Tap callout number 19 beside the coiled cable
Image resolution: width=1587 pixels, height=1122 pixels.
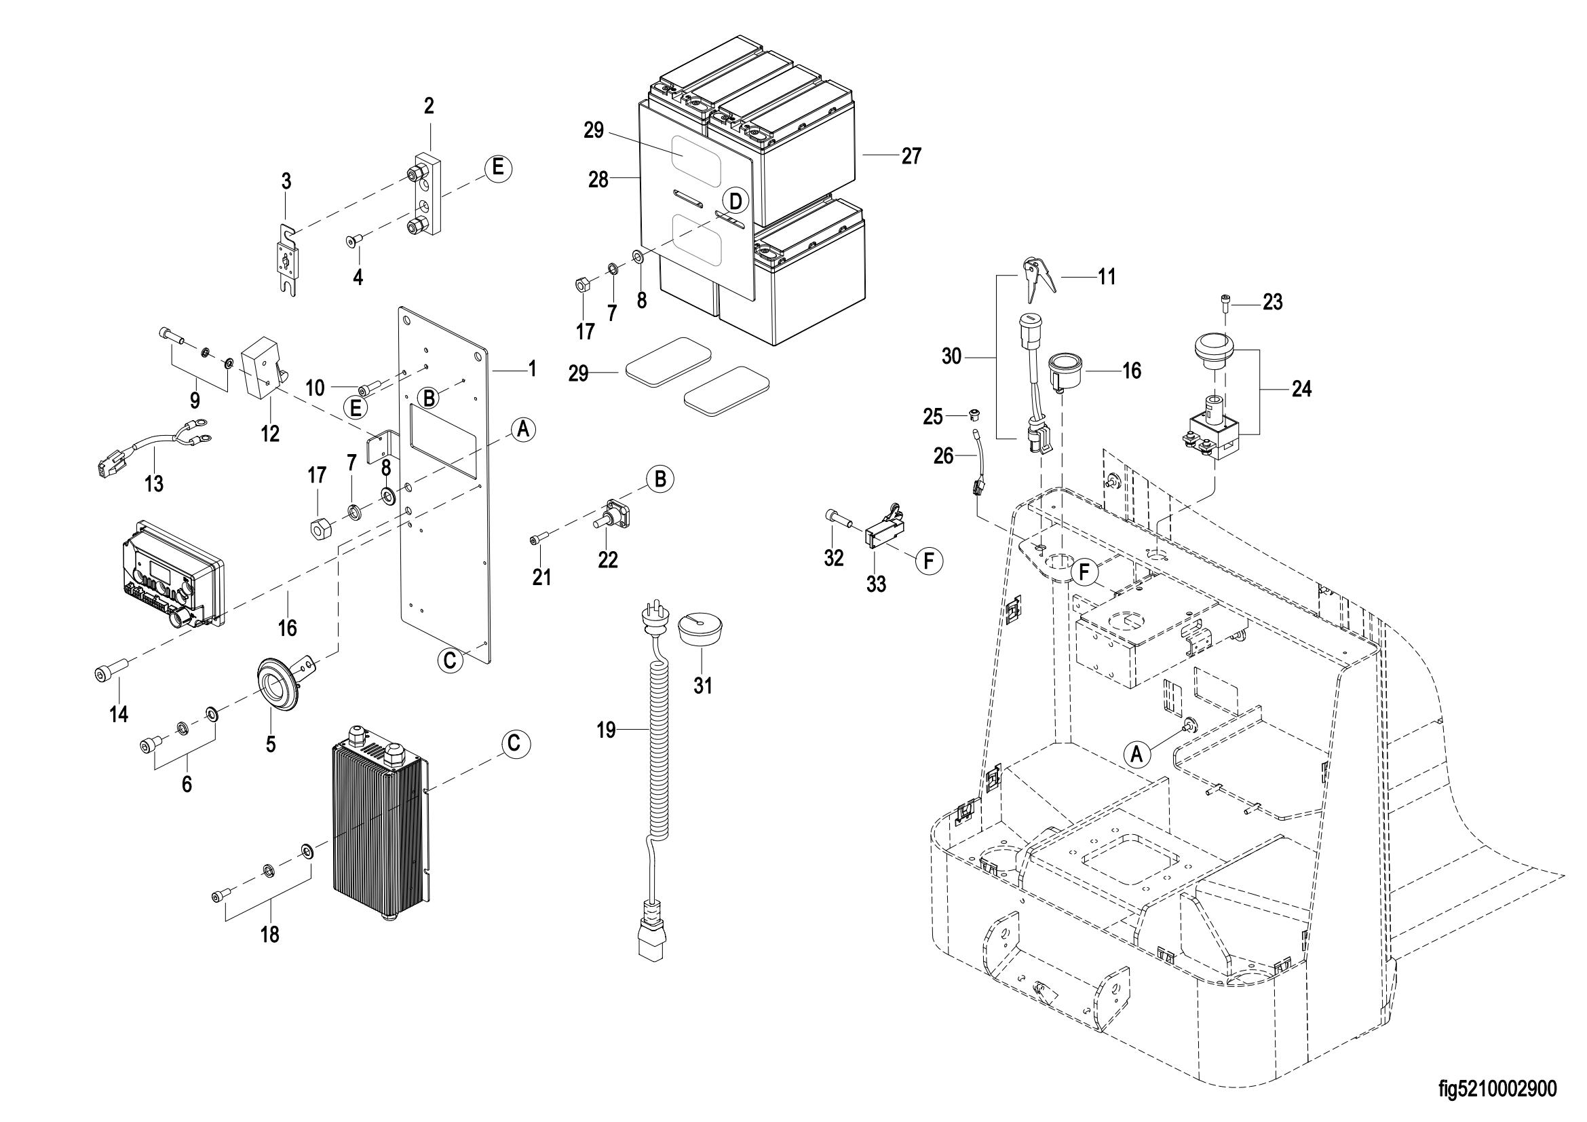[606, 730]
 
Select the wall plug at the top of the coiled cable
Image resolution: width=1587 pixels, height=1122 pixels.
[652, 623]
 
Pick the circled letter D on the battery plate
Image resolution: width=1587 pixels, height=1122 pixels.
[735, 201]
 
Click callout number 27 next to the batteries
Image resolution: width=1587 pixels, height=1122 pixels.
[912, 156]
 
